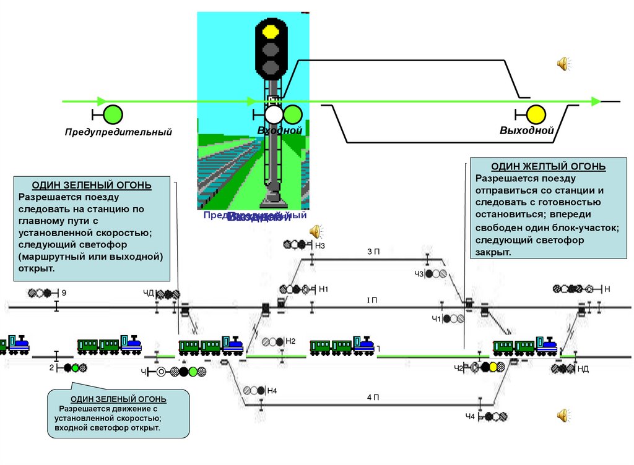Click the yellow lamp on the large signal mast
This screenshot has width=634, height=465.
(270, 30)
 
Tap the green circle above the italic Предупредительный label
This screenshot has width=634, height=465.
(113, 114)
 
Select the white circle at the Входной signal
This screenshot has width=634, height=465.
(274, 114)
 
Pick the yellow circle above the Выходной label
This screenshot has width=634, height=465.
(536, 114)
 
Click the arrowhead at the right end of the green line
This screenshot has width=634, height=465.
(596, 101)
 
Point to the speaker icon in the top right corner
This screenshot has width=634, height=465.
(563, 63)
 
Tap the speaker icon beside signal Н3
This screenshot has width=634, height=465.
(315, 231)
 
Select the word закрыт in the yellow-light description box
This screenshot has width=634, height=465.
(493, 253)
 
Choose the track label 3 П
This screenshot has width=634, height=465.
(373, 252)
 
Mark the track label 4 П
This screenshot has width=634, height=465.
(372, 398)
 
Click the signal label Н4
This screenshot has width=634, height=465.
(272, 390)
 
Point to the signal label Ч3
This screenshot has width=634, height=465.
(419, 274)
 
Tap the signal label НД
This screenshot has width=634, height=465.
(583, 369)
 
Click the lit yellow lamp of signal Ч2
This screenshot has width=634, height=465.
(493, 367)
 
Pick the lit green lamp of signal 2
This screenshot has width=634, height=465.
(75, 368)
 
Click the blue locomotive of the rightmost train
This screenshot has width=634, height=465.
(546, 346)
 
